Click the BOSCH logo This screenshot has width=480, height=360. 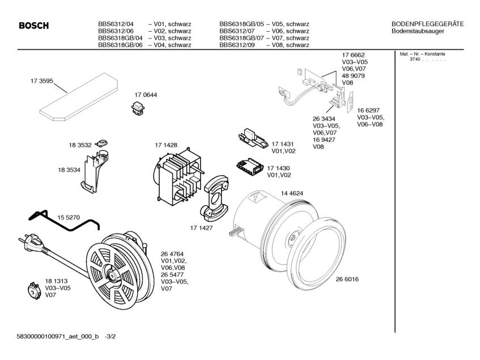(34, 26)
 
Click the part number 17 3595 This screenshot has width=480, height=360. (41, 82)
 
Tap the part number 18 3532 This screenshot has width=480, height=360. (80, 145)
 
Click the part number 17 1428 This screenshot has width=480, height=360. (166, 146)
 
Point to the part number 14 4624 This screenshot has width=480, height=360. (292, 193)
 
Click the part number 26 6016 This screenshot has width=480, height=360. (347, 279)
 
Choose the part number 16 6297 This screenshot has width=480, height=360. (368, 110)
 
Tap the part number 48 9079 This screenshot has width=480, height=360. (353, 75)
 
